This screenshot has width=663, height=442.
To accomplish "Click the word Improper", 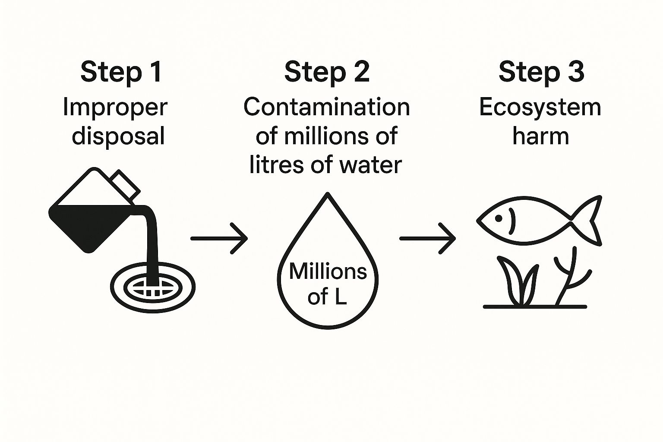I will tap(115, 107).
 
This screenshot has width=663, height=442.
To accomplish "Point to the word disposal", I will tap(118, 136).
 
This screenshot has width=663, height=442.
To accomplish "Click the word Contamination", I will tap(327, 107).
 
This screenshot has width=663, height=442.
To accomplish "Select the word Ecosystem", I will tap(540, 107).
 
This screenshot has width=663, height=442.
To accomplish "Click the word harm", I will tap(540, 136).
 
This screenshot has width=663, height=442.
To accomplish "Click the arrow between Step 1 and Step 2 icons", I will tap(219, 238).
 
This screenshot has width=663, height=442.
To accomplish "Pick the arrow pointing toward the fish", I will tap(428, 238).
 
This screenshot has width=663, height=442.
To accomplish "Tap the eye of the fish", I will tap(499, 219).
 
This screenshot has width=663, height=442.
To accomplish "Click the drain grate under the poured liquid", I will tap(152, 287).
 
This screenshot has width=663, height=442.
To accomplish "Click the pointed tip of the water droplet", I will tap(328, 195).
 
